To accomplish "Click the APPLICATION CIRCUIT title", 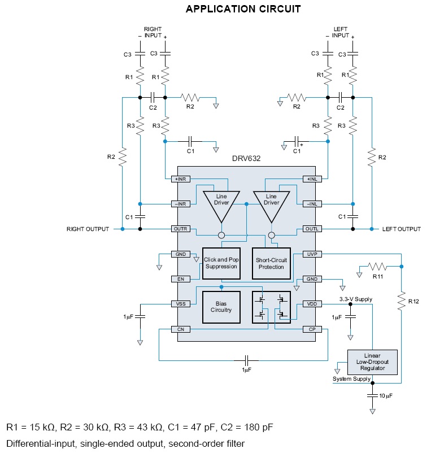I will pyautogui.click(x=243, y=9).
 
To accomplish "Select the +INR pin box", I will pyautogui.click(x=181, y=179).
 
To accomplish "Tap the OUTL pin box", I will pyautogui.click(x=312, y=229).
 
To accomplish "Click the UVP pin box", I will pyautogui.click(x=312, y=254).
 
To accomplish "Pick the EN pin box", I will pyautogui.click(x=181, y=278).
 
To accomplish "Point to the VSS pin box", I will pyautogui.click(x=181, y=304).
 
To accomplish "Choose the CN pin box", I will pyautogui.click(x=181, y=329).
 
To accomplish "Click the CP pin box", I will pyautogui.click(x=312, y=329).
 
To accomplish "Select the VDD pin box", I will pyautogui.click(x=312, y=304).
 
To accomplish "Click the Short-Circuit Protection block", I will pyautogui.click(x=271, y=263).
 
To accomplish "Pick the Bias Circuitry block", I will pyautogui.click(x=220, y=307).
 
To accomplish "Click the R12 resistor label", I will pyautogui.click(x=414, y=301).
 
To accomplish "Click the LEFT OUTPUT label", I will pyautogui.click(x=402, y=229).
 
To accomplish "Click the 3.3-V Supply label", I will pyautogui.click(x=356, y=299).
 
